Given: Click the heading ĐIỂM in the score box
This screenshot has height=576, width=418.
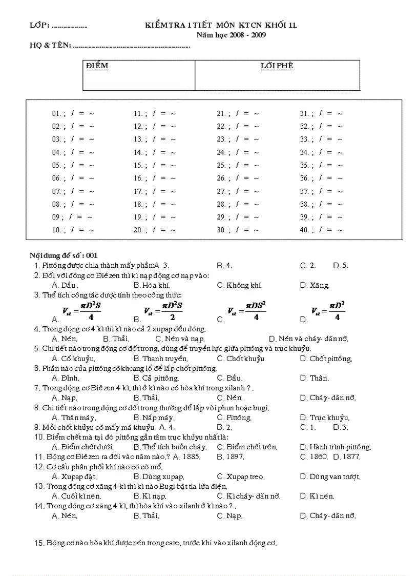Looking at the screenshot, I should coord(97,66).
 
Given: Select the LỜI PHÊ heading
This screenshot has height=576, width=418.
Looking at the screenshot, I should coord(277,66).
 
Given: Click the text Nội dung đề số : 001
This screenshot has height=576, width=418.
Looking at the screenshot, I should coord(64,255).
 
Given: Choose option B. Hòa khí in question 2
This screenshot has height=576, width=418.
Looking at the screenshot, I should coord(152,285).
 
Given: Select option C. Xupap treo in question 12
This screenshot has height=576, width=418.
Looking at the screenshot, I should coord(241,476).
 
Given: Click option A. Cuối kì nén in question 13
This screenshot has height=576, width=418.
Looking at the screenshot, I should coord(76,496).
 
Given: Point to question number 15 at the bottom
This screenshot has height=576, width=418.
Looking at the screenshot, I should coord(39,543).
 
